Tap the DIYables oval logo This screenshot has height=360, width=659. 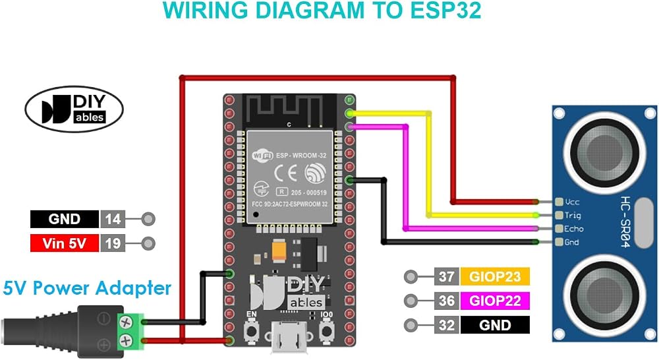tap(74, 109)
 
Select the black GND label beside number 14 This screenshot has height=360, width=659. tap(65, 219)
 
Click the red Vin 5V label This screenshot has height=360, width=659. tap(65, 243)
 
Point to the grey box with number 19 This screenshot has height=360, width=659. tap(113, 243)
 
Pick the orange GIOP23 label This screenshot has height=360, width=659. tap(495, 277)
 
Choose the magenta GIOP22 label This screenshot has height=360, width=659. tap(495, 301)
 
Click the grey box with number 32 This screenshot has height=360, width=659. tap(446, 325)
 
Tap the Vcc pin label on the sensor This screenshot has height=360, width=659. tap(572, 202)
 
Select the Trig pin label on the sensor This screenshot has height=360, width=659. tap(573, 216)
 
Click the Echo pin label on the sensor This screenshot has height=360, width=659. tap(574, 229)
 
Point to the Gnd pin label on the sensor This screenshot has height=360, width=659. tap(571, 242)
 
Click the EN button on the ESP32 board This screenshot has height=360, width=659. tap(252, 332)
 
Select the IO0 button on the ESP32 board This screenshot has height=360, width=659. tap(327, 332)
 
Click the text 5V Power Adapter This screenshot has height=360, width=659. tap(87, 289)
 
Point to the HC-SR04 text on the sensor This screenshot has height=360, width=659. tap(625, 222)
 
